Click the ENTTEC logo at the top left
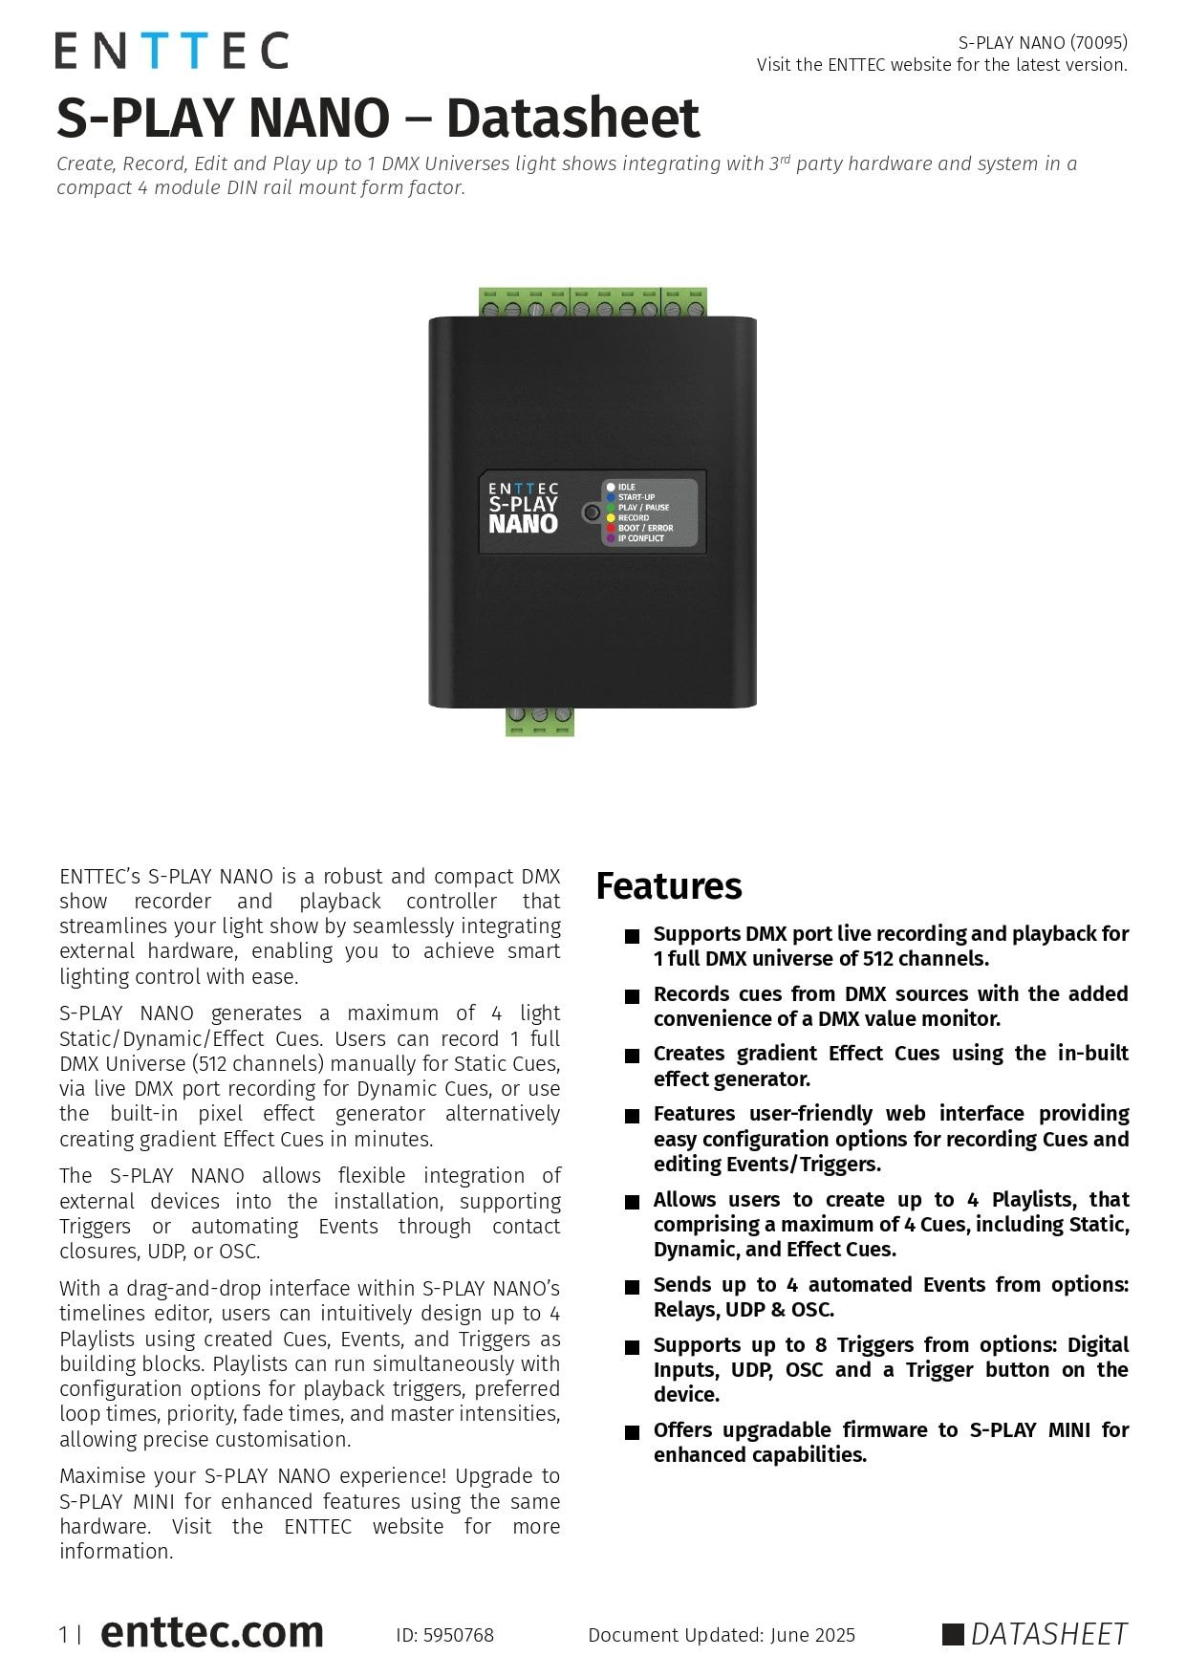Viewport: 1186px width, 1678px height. (171, 51)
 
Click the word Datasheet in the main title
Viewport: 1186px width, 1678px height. (572, 119)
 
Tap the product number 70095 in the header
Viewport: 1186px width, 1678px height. (1098, 42)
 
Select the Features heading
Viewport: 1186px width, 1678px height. (668, 886)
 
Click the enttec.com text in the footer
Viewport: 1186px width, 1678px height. (211, 1632)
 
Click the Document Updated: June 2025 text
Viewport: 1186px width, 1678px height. (722, 1635)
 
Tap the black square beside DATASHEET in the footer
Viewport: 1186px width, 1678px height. (953, 1634)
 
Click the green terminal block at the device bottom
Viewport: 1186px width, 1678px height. (540, 722)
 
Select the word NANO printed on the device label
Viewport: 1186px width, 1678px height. (523, 524)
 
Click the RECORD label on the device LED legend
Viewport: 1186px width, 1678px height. (634, 518)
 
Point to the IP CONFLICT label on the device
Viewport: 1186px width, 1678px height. (640, 538)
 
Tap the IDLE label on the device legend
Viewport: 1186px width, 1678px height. (627, 488)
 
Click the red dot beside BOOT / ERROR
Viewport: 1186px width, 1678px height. (611, 528)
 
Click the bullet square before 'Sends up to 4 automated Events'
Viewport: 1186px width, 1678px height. (632, 1287)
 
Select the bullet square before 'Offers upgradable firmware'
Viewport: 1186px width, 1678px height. (632, 1432)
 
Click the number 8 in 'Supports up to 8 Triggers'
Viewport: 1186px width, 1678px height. (821, 1345)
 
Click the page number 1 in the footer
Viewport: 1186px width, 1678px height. (64, 1635)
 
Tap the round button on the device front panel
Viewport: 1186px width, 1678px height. (592, 513)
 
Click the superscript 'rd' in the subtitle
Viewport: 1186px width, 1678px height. (786, 159)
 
